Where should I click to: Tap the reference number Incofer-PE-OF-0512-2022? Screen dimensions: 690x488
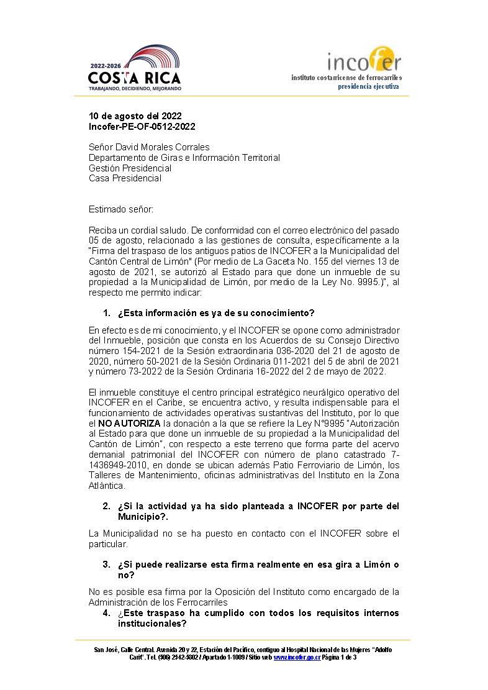[x=142, y=127]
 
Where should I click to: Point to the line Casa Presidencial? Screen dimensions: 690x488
[x=125, y=178]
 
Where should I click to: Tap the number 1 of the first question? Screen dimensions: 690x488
[x=106, y=312]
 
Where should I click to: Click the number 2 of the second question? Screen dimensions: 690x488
[x=106, y=506]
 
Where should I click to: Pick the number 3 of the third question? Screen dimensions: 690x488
[x=106, y=564]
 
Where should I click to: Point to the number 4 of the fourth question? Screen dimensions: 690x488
[x=106, y=613]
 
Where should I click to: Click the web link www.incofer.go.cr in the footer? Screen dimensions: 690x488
[x=297, y=657]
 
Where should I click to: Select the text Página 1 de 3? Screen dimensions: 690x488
[x=340, y=657]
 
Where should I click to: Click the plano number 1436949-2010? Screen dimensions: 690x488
[x=115, y=465]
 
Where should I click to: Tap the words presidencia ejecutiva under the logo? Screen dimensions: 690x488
[x=368, y=86]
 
